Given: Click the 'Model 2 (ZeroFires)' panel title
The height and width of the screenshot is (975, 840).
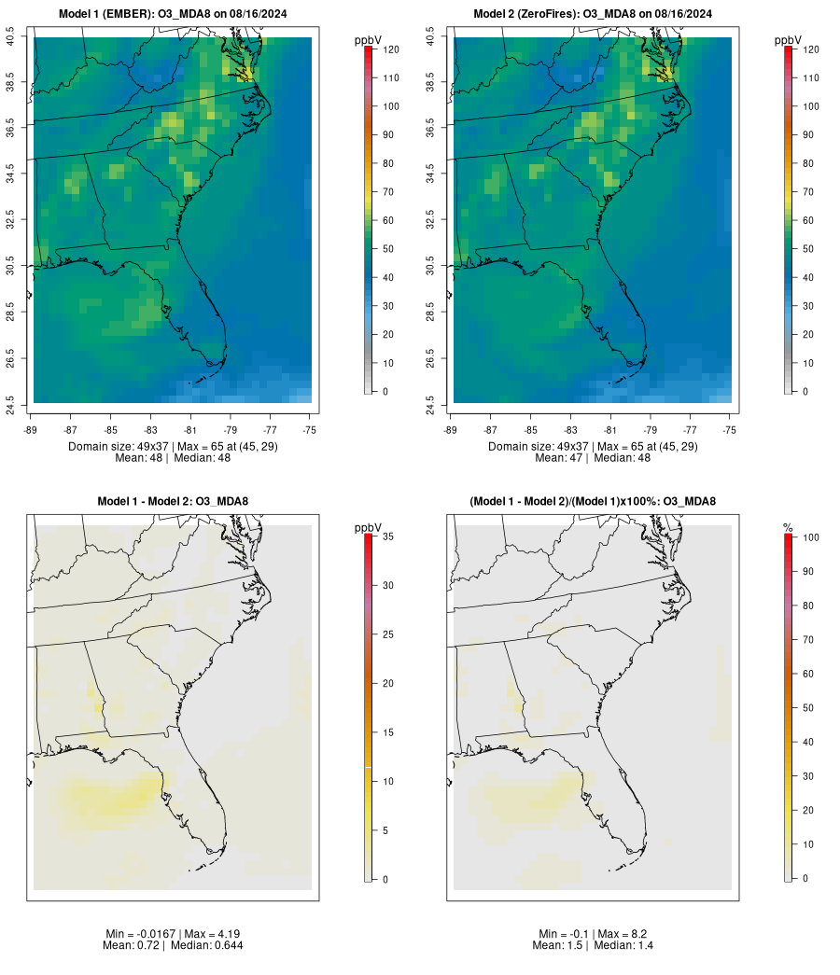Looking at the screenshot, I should click(593, 14).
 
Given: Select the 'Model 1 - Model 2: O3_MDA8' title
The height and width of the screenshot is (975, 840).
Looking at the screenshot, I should click(173, 502).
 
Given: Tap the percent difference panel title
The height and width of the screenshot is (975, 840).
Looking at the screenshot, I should click(593, 502).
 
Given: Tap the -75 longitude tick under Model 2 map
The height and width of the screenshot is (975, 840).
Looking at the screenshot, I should click(730, 429).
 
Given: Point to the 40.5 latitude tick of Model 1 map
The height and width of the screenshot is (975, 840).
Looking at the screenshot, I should click(10, 38).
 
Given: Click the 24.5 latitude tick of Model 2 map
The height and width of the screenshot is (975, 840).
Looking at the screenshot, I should click(430, 404).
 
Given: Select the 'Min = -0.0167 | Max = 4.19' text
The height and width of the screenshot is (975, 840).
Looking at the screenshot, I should click(173, 934).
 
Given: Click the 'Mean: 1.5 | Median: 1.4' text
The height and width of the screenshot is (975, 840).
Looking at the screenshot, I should click(593, 946).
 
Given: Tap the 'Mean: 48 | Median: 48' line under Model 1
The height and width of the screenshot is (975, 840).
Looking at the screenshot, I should click(173, 458).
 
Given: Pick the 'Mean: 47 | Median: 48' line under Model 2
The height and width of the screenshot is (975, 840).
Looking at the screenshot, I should click(593, 458).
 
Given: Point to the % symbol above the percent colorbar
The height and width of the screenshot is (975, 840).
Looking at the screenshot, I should click(788, 528).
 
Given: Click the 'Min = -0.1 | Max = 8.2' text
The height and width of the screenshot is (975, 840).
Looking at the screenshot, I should click(593, 934).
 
